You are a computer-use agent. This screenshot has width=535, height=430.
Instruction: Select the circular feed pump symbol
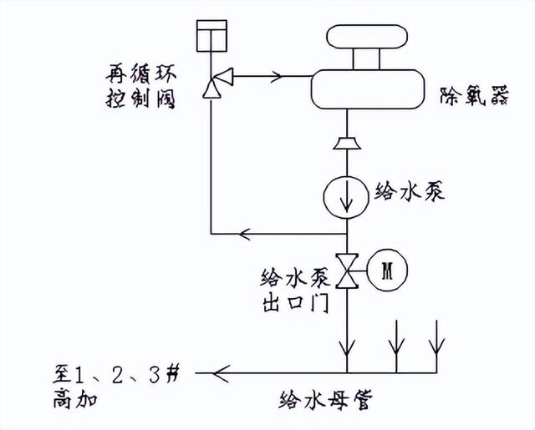click(346, 193)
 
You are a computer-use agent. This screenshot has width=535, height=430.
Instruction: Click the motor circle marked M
click(386, 270)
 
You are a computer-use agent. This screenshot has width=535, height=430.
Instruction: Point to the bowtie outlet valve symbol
click(346, 269)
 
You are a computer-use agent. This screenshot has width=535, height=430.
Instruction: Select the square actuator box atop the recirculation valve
click(211, 35)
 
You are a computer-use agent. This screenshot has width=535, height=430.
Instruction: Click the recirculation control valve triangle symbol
click(211, 85)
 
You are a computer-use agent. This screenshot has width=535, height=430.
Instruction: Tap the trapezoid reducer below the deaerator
click(346, 143)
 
